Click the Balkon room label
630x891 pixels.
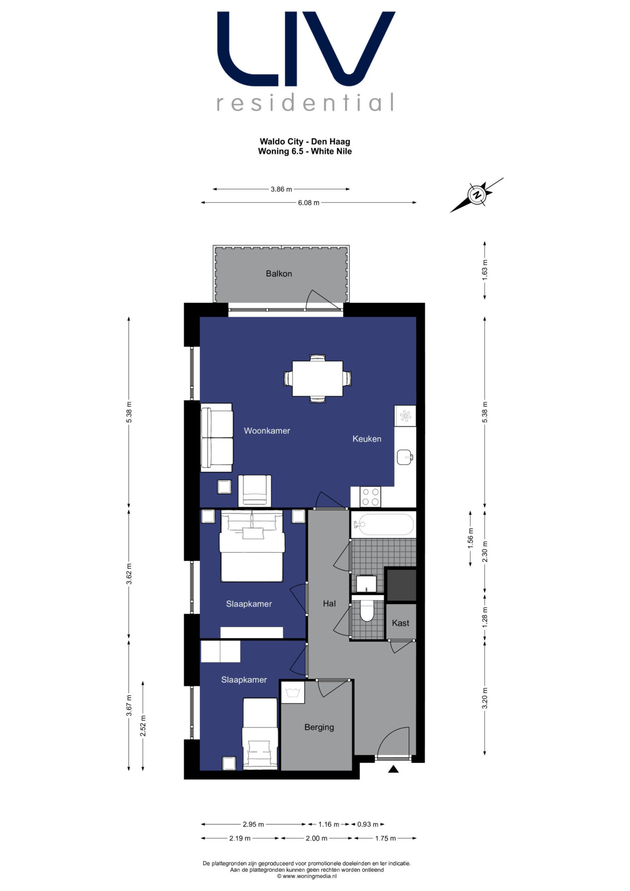279,273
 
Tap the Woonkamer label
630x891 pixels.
267,431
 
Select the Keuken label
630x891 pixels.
367,439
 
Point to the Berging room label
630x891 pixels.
319,727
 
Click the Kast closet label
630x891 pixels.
400,623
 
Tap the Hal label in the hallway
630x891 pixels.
329,603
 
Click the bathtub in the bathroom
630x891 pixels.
383,524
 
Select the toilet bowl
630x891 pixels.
367,611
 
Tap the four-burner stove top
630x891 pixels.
370,497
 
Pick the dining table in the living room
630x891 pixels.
317,378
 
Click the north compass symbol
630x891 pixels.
477,195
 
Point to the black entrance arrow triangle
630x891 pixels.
393,769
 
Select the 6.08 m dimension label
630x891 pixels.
308,203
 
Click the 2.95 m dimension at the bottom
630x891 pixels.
253,824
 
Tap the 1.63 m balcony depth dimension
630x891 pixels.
485,270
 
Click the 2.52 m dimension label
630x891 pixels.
143,726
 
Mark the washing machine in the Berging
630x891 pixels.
293,692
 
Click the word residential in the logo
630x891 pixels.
305,102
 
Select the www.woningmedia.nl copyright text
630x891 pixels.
307,876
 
